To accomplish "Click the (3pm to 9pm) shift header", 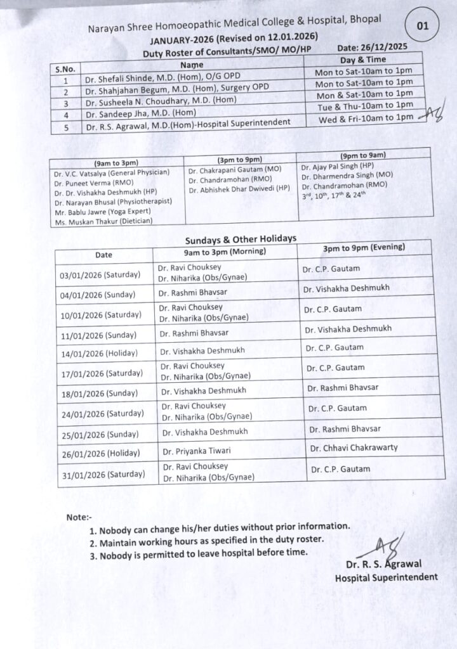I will coord(241,160).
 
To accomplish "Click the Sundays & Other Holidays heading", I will coord(241,239).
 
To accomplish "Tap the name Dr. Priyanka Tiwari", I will coord(197,451).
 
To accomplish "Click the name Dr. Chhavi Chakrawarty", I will coord(354,447).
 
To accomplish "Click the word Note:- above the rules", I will coord(79,517).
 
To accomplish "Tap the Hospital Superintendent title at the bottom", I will coord(386,577).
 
